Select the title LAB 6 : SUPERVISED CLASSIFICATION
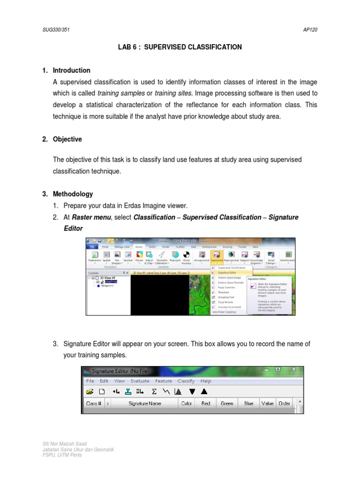pyautogui.click(x=180, y=47)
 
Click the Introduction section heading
pyautogui.click(x=71, y=70)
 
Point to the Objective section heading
pyautogui.click(x=67, y=139)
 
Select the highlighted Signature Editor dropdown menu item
pyautogui.click(x=227, y=272)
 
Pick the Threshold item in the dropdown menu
pyautogui.click(x=224, y=292)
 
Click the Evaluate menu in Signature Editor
pyautogui.click(x=140, y=381)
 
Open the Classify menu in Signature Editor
pyautogui.click(x=186, y=381)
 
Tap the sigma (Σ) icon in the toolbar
pyautogui.click(x=154, y=391)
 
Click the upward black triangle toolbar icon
pyautogui.click(x=204, y=391)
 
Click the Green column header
pyautogui.click(x=227, y=403)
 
